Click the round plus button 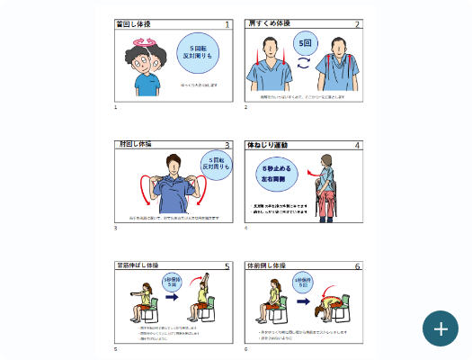441,328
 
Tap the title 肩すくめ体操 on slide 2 269,24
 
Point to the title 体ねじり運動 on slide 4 268,144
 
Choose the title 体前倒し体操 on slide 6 267,265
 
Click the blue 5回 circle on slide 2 305,43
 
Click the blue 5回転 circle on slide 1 197,51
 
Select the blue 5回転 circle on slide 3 215,165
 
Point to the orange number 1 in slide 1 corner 227,25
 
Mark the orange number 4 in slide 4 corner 357,145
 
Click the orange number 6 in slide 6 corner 357,266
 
